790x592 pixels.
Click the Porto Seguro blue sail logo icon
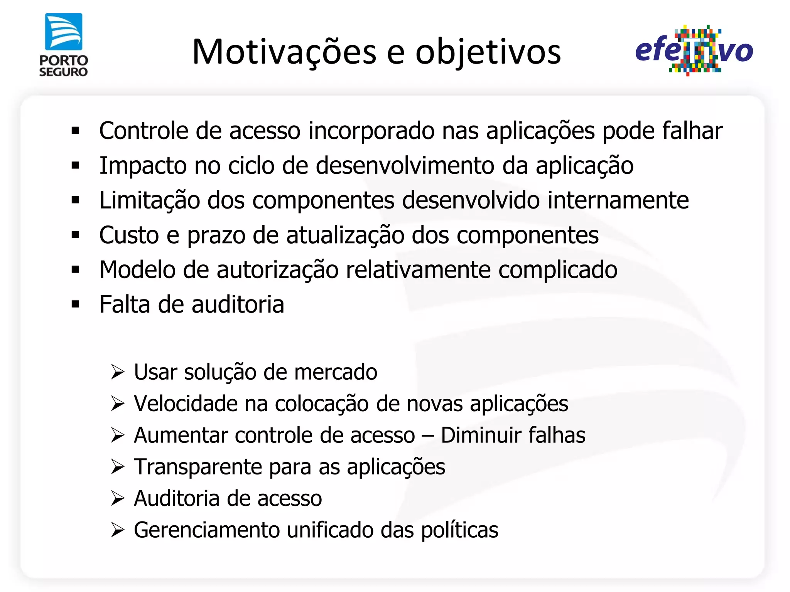click(x=64, y=32)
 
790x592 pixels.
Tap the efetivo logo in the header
click(x=694, y=50)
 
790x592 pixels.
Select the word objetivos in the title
click(x=488, y=52)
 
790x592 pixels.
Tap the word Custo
click(x=129, y=235)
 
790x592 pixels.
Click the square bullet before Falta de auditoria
click(x=75, y=304)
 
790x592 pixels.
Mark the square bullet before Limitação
click(x=75, y=200)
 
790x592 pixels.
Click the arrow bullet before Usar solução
click(x=117, y=372)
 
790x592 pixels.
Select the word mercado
click(x=336, y=372)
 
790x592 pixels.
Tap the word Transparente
click(x=198, y=467)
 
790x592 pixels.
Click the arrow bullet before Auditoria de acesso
click(x=117, y=498)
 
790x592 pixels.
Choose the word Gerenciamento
click(x=207, y=530)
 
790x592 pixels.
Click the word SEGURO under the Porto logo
click(x=64, y=72)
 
